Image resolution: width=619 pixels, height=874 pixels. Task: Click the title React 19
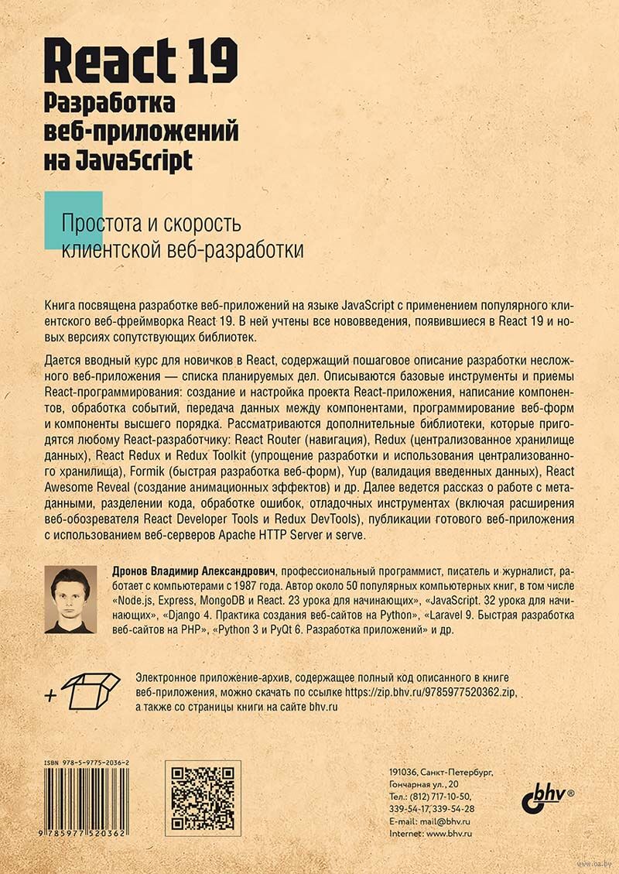pyautogui.click(x=142, y=62)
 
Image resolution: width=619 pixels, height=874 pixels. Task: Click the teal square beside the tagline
pyautogui.click(x=74, y=219)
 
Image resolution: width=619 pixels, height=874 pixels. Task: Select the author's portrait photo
pyautogui.click(x=70, y=600)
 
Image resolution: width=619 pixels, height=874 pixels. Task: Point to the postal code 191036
pyautogui.click(x=402, y=772)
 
